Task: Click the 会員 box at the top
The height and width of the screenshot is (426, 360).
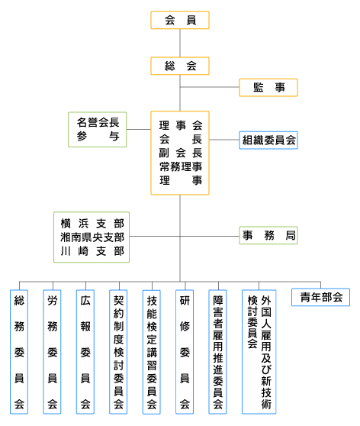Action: click(180, 20)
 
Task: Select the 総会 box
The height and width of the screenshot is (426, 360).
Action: click(180, 66)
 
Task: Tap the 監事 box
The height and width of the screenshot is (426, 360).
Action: click(268, 88)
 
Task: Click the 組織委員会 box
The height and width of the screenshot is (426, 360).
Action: click(268, 140)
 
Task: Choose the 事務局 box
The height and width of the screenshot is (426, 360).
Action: click(268, 235)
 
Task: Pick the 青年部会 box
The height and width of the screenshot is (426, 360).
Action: click(320, 297)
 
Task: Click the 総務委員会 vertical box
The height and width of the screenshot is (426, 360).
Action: click(19, 352)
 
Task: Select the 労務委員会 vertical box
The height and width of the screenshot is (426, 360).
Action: click(52, 352)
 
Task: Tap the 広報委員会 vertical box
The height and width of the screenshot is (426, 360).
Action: click(85, 352)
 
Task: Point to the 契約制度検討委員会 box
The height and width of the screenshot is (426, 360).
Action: click(118, 352)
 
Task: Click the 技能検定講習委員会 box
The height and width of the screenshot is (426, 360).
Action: click(152, 352)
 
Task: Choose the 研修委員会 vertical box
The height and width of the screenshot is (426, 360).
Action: click(185, 352)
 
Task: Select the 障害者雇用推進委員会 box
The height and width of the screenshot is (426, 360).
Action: click(217, 352)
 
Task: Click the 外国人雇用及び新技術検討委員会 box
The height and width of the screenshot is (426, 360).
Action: click(259, 352)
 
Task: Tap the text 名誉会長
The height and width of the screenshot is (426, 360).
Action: click(98, 122)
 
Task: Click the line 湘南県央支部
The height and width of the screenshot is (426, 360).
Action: click(92, 237)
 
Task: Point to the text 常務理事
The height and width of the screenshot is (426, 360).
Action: click(181, 166)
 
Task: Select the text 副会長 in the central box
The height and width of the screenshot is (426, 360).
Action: click(181, 153)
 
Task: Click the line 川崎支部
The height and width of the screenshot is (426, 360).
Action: click(92, 251)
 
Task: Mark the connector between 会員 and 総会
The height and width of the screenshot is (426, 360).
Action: click(180, 43)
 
